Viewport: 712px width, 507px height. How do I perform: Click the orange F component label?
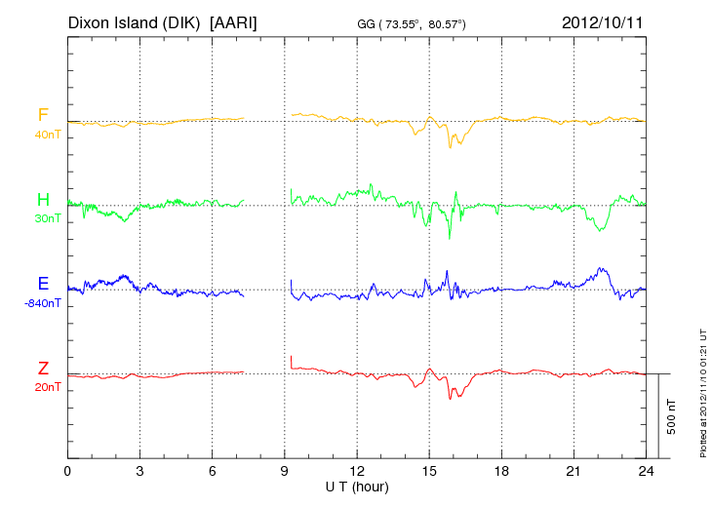pos(43,115)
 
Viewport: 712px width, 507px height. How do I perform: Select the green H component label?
pos(43,200)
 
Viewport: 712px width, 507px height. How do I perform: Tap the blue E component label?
pos(43,284)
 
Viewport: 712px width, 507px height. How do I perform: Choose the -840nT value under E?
pos(44,303)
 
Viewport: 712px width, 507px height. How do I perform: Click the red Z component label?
pos(43,368)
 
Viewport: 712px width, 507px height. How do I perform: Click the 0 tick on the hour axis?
pos(67,471)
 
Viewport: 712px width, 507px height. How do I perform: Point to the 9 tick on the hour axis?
pos(285,471)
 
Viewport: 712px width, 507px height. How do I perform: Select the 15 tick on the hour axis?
pos(429,471)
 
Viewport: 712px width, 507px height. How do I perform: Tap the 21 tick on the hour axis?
pos(574,471)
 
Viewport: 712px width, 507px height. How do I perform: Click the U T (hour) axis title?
pos(357,486)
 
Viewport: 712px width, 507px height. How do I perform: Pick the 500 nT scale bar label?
pos(672,415)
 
